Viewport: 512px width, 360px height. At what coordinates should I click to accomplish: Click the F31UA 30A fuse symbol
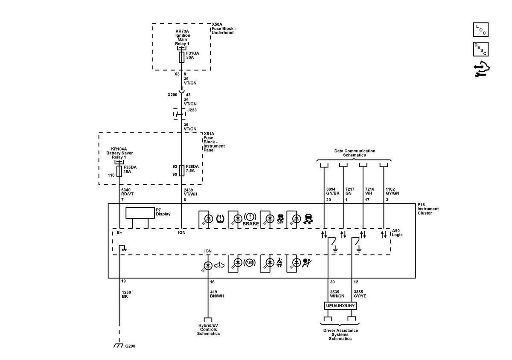pyautogui.click(x=181, y=57)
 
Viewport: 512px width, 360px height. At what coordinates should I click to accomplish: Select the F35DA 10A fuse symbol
pyautogui.click(x=119, y=171)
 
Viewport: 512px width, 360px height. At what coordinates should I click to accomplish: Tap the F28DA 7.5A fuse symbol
pyautogui.click(x=181, y=171)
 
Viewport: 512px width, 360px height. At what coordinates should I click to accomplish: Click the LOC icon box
pyautogui.click(x=481, y=30)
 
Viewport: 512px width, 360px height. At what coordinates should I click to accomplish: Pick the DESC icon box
pyautogui.click(x=481, y=49)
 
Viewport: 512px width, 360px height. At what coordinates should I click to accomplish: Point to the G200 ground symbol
pyautogui.click(x=119, y=345)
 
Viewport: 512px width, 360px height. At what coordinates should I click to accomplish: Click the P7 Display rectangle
pyautogui.click(x=140, y=213)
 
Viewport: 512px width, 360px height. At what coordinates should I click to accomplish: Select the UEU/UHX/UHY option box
pyautogui.click(x=340, y=306)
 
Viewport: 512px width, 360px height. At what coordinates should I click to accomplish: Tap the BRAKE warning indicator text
pyautogui.click(x=251, y=224)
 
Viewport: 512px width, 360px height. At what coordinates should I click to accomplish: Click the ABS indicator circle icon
pyautogui.click(x=250, y=263)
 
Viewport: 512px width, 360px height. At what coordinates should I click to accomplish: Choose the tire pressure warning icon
pyautogui.click(x=220, y=219)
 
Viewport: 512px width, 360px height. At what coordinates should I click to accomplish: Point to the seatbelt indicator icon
pyautogui.click(x=279, y=262)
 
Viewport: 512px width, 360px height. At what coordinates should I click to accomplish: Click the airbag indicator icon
pyautogui.click(x=307, y=263)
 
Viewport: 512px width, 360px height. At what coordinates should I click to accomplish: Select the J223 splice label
pyautogui.click(x=192, y=110)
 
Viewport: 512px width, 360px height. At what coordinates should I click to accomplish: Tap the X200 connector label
pyautogui.click(x=172, y=95)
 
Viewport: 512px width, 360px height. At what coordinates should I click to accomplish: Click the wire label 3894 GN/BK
pyautogui.click(x=333, y=191)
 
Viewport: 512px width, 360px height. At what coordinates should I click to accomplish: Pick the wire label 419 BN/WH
pyautogui.click(x=217, y=294)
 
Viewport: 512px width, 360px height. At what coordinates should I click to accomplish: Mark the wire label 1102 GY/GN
pyautogui.click(x=392, y=191)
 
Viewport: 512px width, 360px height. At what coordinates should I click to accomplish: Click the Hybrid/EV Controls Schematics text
pyautogui.click(x=208, y=329)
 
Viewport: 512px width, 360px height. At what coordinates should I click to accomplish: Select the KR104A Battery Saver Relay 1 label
pyautogui.click(x=119, y=153)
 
